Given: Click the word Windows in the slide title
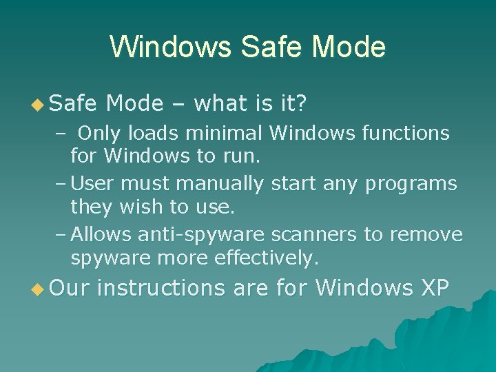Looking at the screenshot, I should click(167, 48).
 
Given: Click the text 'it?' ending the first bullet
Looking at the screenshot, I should click(292, 104).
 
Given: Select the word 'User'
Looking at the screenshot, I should click(92, 184).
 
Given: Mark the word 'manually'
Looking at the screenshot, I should click(223, 184).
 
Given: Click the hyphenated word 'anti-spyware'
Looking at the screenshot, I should click(201, 236).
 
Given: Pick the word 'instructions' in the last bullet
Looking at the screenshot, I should click(161, 288).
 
